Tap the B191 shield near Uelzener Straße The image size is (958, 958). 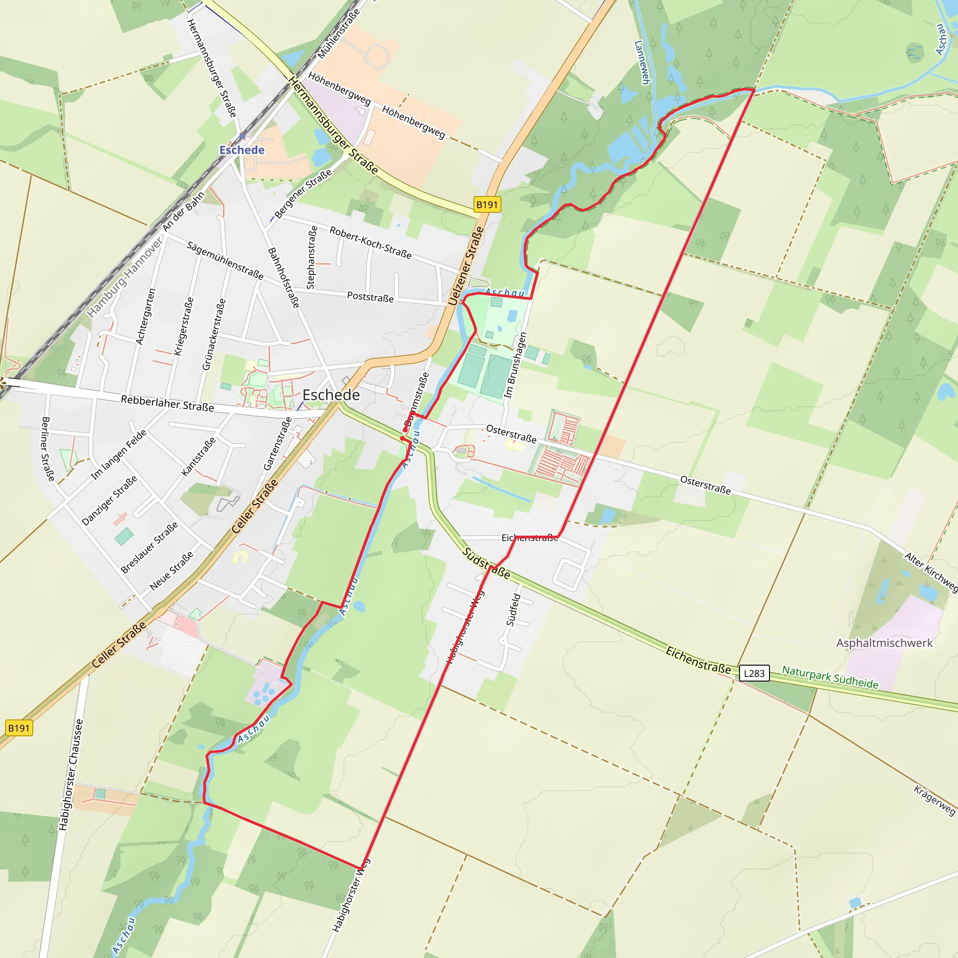click(486, 204)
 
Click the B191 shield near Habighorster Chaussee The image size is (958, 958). click(19, 728)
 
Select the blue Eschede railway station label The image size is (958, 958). click(242, 150)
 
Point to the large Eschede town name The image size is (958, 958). click(331, 395)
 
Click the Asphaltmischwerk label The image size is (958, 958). click(884, 643)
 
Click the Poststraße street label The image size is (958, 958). click(370, 297)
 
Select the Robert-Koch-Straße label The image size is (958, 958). click(370, 242)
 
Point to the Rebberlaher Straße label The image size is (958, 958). click(167, 403)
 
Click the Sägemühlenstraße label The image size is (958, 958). click(225, 260)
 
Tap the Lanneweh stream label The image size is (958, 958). click(642, 63)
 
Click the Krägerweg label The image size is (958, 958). click(934, 800)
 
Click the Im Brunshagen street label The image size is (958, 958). click(515, 365)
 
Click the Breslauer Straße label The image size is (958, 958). click(149, 548)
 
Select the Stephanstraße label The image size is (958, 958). click(312, 257)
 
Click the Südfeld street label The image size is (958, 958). click(513, 610)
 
